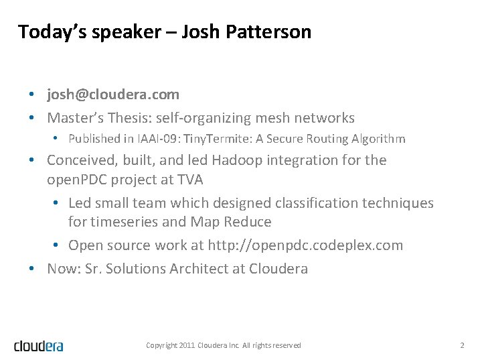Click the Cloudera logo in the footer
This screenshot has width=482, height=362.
pyautogui.click(x=39, y=345)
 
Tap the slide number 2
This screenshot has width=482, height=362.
pyautogui.click(x=462, y=345)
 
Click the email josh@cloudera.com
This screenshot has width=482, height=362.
pyautogui.click(x=113, y=95)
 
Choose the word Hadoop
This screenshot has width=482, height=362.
pyautogui.click(x=238, y=160)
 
